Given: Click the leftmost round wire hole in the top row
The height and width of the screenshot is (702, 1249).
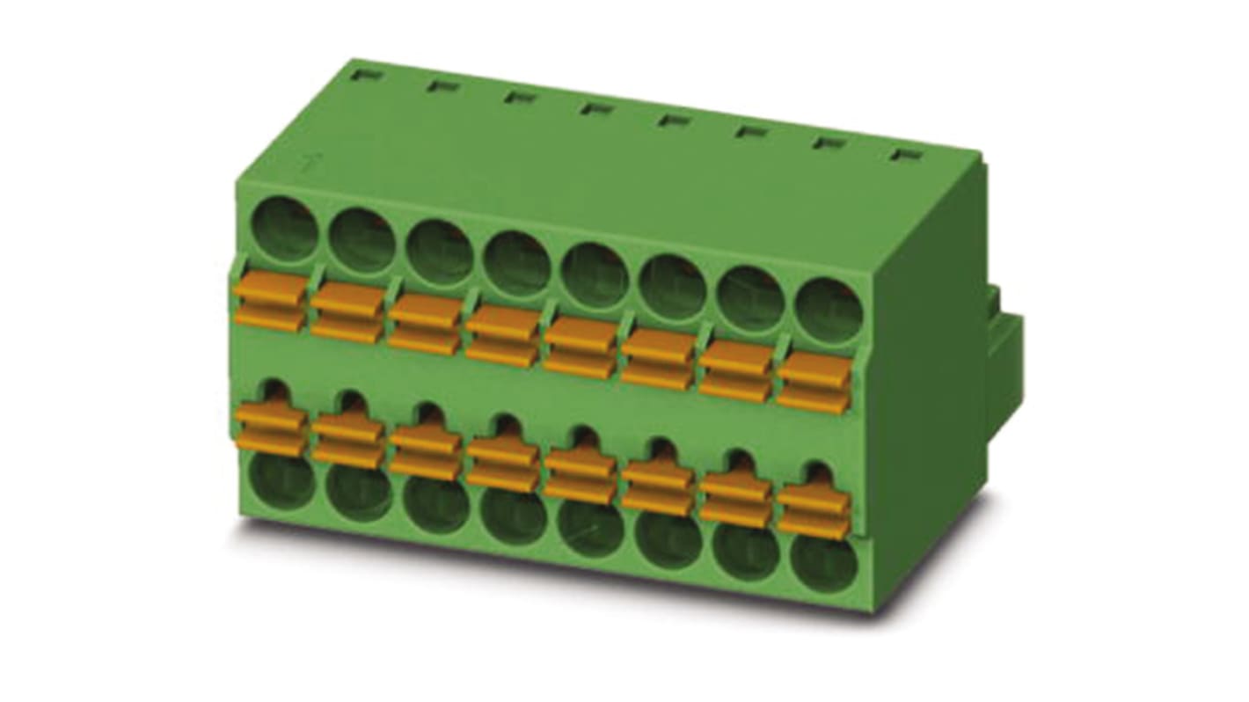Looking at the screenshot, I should (284, 230).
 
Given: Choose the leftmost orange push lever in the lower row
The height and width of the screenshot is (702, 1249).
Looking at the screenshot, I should (270, 429).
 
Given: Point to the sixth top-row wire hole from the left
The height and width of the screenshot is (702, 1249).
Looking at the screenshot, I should (673, 287).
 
